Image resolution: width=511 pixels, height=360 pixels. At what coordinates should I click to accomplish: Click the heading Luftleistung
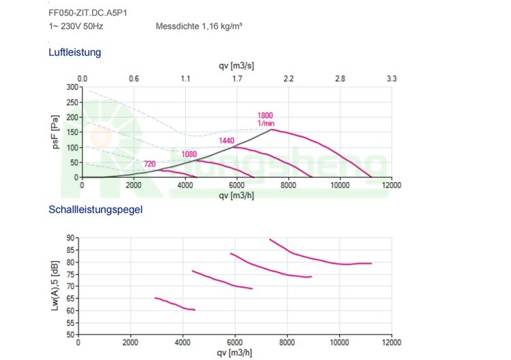[x=75, y=52]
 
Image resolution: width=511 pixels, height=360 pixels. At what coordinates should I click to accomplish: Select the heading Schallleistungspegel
[x=95, y=209]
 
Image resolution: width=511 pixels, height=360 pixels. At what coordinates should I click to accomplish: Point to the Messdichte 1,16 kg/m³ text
[x=200, y=27]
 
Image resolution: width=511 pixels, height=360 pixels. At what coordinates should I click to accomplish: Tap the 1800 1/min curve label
[x=266, y=119]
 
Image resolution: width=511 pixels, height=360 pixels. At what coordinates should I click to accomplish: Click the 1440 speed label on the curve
[x=227, y=141]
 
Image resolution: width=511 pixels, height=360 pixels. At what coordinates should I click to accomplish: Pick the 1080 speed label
[x=189, y=154]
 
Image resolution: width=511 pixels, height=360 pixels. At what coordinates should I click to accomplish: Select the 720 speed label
[x=151, y=164]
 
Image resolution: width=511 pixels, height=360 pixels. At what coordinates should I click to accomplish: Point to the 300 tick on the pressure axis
[x=72, y=87]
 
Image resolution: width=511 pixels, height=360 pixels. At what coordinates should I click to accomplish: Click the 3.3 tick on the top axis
[x=392, y=79]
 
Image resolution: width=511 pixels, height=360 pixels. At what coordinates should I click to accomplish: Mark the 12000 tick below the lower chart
[x=391, y=343]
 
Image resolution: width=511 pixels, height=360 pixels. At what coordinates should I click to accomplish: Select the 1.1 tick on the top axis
[x=185, y=79]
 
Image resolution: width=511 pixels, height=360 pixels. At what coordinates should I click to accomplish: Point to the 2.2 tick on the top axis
[x=288, y=79]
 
